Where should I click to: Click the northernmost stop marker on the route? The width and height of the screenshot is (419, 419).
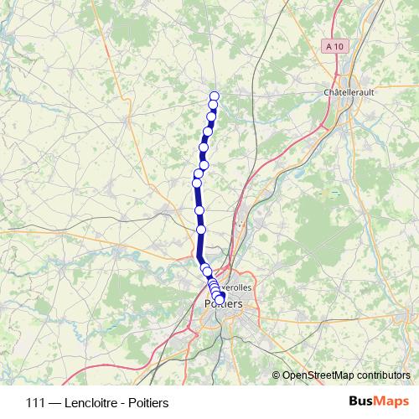tap(214, 96)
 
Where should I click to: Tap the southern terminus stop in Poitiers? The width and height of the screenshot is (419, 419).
tap(220, 299)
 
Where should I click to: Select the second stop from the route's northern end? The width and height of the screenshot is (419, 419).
tap(214, 105)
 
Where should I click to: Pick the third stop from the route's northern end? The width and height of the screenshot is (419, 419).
tap(212, 117)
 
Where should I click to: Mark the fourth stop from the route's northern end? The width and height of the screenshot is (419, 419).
tap(207, 132)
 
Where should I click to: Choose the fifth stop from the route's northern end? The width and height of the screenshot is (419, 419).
tap(203, 147)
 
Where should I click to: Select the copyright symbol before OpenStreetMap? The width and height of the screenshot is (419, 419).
tap(277, 375)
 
